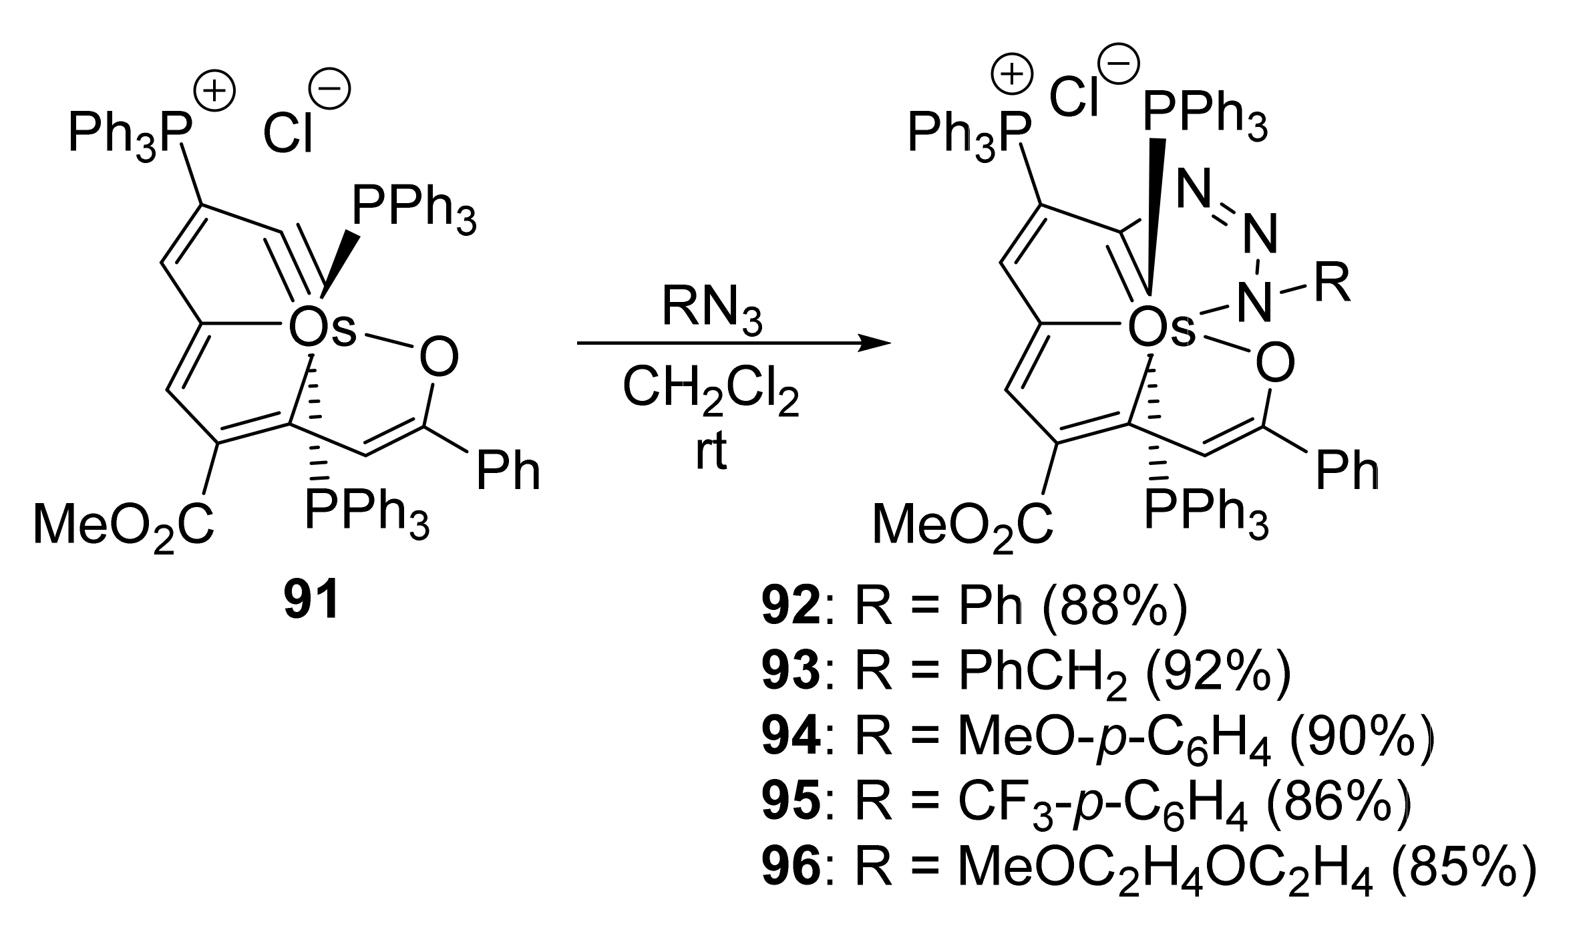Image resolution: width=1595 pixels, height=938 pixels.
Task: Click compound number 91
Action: [311, 602]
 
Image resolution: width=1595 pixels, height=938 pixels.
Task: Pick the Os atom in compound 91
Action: [322, 329]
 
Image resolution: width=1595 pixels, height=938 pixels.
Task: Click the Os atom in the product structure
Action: [1161, 329]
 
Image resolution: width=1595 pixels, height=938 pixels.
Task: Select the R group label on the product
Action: [1332, 283]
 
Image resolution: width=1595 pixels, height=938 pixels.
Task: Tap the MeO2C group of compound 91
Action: [124, 525]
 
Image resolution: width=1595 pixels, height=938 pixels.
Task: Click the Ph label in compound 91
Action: [508, 471]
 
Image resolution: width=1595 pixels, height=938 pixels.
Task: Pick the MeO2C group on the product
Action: [962, 525]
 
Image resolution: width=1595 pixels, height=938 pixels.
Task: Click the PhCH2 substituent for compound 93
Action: [1042, 675]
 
